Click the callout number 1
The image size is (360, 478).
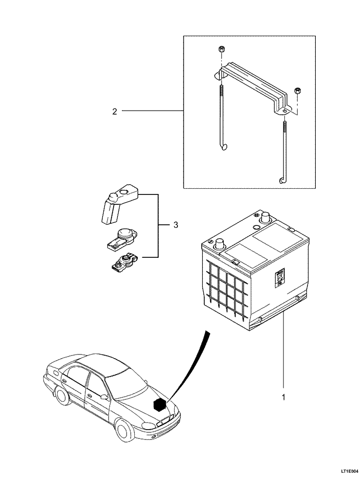point(282,397)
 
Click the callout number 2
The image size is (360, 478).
point(115,111)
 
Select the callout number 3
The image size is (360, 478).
point(175,225)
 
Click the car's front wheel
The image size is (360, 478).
point(123,431)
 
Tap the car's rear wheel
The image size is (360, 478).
point(61,397)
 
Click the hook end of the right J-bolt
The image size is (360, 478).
point(281,179)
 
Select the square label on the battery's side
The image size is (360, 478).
point(279,278)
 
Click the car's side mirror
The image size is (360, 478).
point(104,397)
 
